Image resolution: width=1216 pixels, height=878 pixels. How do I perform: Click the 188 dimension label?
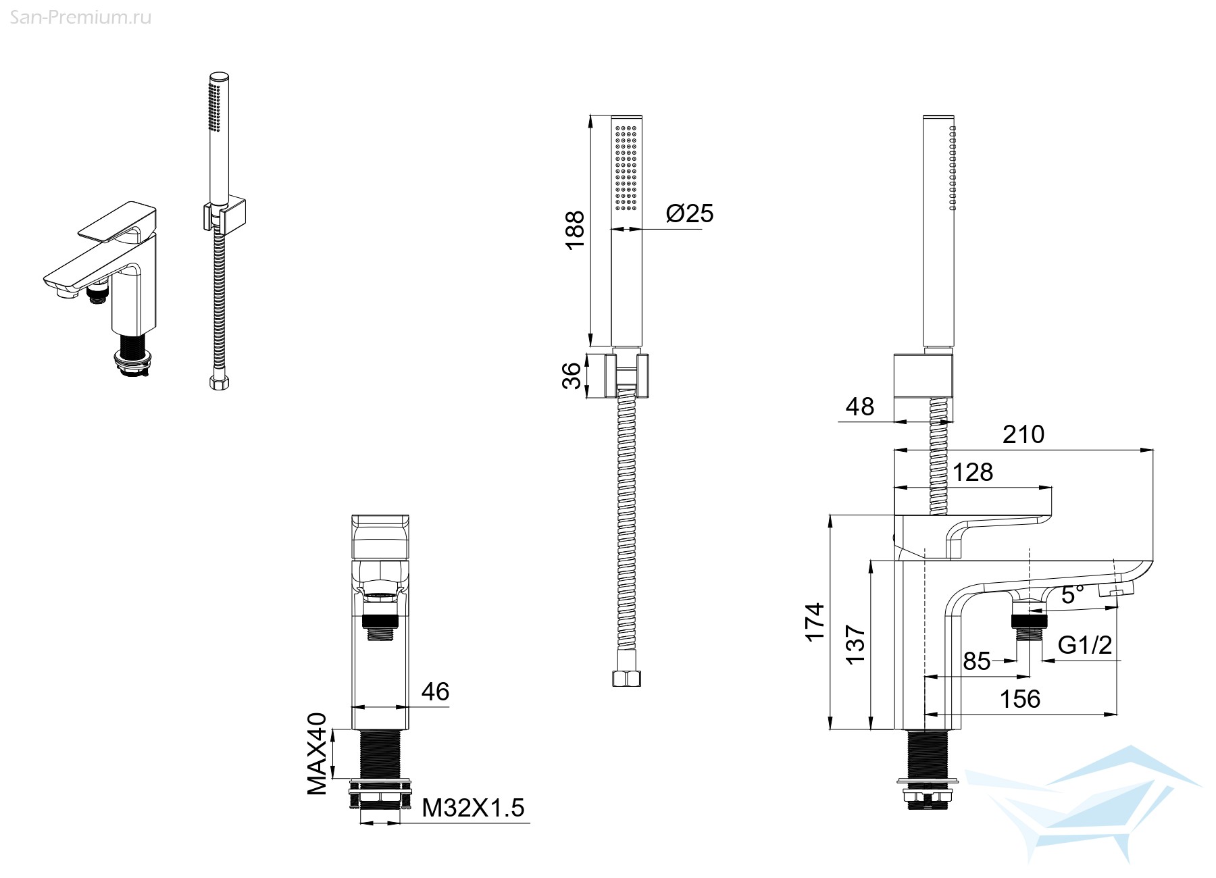(x=575, y=230)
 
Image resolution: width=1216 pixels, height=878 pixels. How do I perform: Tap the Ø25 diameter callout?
(x=690, y=213)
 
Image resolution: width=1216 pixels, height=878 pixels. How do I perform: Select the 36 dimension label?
(x=572, y=376)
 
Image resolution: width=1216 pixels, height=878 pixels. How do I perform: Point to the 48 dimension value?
(x=859, y=407)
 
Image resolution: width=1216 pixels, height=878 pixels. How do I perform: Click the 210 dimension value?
(x=1023, y=434)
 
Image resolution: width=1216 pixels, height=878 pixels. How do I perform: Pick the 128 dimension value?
(x=973, y=472)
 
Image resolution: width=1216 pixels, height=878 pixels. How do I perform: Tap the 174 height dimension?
(x=815, y=622)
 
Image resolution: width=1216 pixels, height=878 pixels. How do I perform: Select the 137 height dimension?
(x=856, y=645)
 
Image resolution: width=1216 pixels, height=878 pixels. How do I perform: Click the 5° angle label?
(x=1073, y=594)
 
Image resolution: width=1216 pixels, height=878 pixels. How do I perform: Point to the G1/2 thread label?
(x=1085, y=646)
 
